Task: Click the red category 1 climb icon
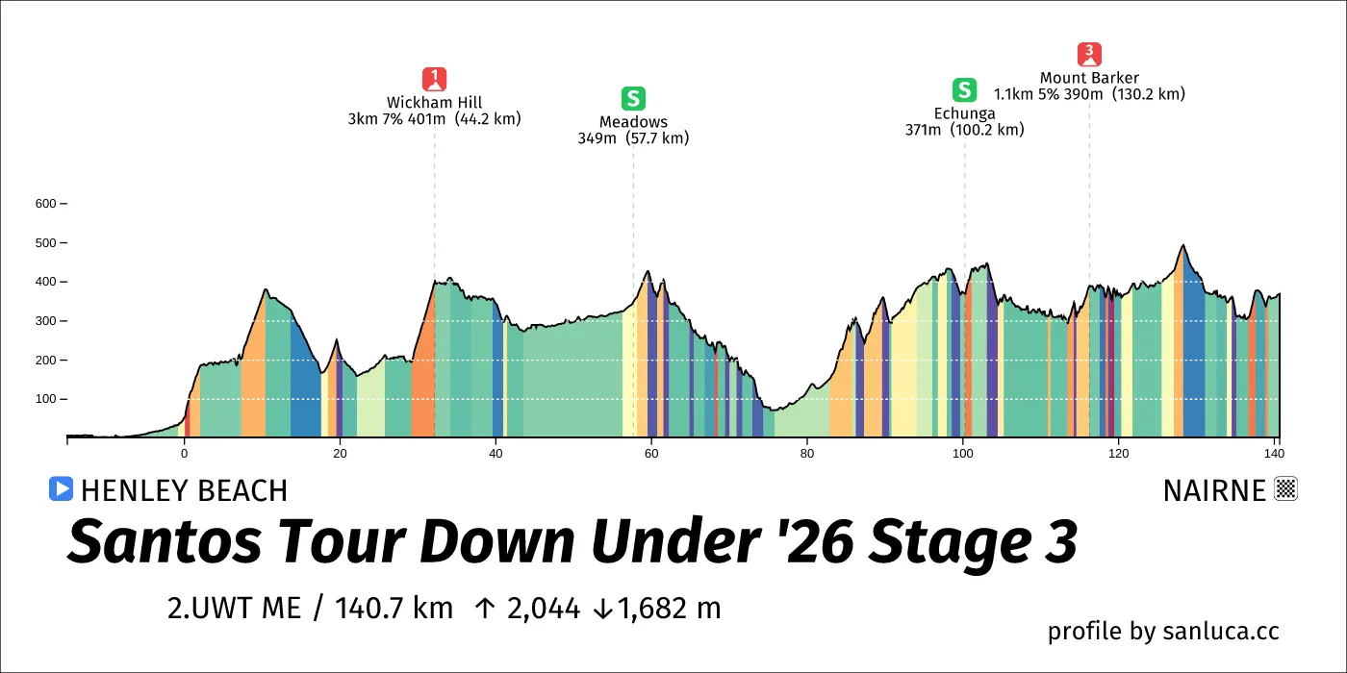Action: (435, 79)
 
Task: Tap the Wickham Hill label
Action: (435, 103)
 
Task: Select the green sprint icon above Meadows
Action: (633, 98)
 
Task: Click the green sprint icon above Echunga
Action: (964, 90)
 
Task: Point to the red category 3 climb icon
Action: (1089, 55)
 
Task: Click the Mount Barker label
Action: (1089, 78)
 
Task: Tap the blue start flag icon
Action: (61, 489)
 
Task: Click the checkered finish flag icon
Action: (1286, 489)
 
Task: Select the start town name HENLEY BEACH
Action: (184, 491)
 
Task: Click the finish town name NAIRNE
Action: (1214, 491)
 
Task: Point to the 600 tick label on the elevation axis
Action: (46, 204)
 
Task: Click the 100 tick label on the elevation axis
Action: (46, 399)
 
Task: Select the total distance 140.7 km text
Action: (394, 609)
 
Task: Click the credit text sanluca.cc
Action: (1221, 632)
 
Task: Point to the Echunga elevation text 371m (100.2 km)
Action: (964, 130)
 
